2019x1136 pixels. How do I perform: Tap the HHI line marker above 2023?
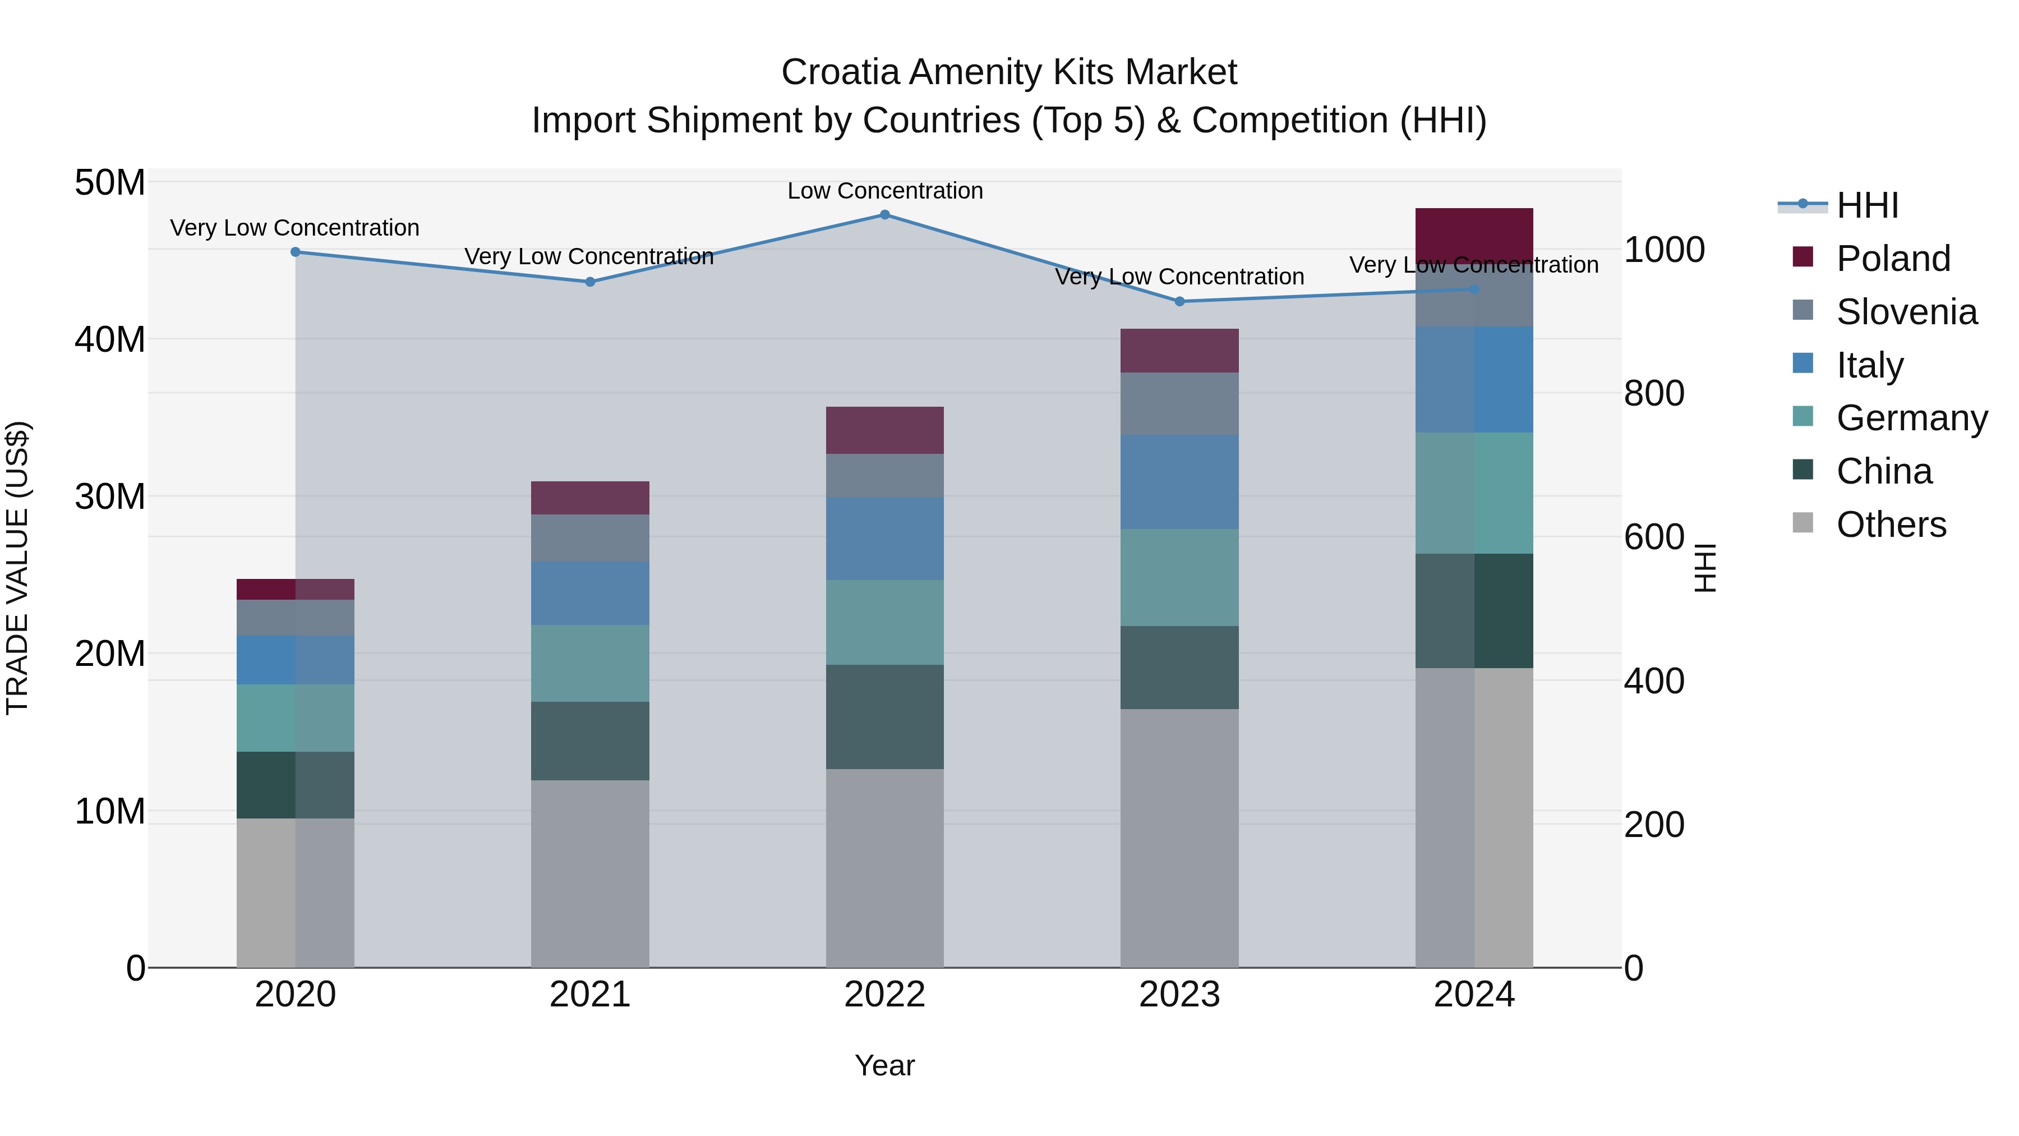1179,302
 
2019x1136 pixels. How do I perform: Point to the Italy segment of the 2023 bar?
1179,481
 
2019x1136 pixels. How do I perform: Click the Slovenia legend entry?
1906,312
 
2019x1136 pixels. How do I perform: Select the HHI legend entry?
1867,205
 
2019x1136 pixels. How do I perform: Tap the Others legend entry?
1891,525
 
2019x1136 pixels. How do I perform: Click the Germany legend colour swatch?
1803,416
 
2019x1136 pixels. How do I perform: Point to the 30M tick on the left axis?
110,497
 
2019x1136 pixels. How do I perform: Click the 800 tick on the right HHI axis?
1654,394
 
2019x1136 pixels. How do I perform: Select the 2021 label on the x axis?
589,995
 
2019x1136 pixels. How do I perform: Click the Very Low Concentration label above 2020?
294,228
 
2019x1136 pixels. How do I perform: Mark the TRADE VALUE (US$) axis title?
17,568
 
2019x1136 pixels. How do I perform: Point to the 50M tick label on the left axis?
110,183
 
